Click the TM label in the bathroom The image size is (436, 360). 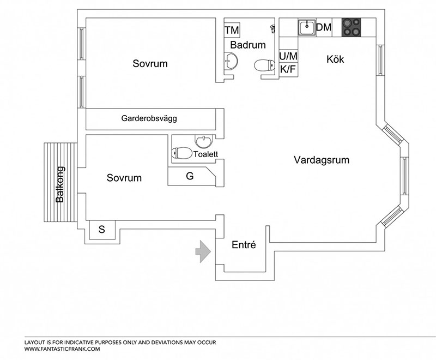point(232,30)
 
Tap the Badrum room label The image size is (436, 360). point(248,45)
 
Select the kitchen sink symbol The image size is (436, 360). point(307,27)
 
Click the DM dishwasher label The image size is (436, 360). point(324,27)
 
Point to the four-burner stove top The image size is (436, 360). point(351,27)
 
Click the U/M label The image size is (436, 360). point(288,56)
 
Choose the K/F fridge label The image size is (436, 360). point(288,69)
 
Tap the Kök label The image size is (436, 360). point(335,59)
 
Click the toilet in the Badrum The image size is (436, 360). point(264,65)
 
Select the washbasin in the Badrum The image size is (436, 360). point(231,61)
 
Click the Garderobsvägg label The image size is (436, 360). point(149,118)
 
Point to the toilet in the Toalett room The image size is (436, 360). point(182,153)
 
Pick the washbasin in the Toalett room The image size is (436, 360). point(204,141)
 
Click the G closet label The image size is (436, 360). point(190,176)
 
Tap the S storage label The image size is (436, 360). point(102,230)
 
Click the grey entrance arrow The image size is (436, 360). point(203,251)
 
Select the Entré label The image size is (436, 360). point(244,245)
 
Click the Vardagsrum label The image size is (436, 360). point(322,160)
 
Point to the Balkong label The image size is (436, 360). point(60,184)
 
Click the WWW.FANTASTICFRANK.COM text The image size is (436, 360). point(62,349)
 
